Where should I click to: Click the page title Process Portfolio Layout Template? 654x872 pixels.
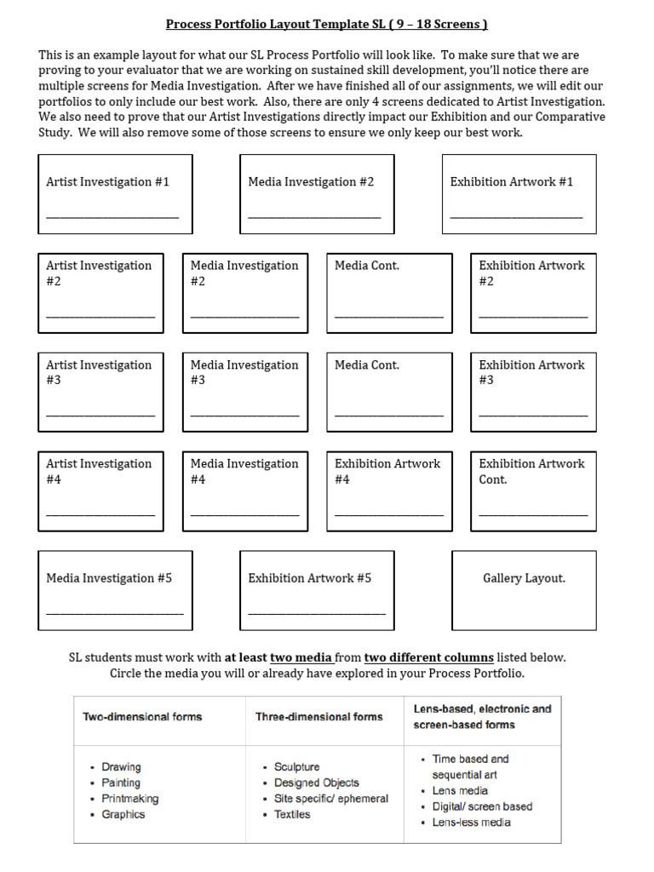[326, 24]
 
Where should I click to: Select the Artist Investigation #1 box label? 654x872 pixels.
[107, 181]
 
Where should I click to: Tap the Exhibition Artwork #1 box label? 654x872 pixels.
[511, 181]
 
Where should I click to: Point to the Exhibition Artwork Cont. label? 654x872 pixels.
[531, 471]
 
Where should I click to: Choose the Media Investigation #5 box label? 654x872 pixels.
[109, 578]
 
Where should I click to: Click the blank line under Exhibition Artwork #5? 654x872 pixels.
[316, 613]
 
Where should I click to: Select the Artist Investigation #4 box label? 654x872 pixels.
[99, 471]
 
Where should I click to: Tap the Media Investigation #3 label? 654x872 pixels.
[244, 372]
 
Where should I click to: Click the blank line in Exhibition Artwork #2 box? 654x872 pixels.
[533, 317]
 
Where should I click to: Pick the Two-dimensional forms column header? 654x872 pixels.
[142, 717]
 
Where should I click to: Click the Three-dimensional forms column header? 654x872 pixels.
[319, 717]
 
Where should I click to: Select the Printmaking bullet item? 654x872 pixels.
[129, 799]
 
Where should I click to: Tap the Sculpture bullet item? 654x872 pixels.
[297, 767]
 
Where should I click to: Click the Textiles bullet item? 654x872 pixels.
[292, 815]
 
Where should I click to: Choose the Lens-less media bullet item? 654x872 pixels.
[471, 823]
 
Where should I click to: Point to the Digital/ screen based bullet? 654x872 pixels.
[482, 806]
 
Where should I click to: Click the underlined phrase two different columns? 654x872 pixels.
[428, 657]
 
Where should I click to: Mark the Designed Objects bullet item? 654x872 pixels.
[316, 783]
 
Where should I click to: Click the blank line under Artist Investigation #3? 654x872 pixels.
[100, 416]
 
